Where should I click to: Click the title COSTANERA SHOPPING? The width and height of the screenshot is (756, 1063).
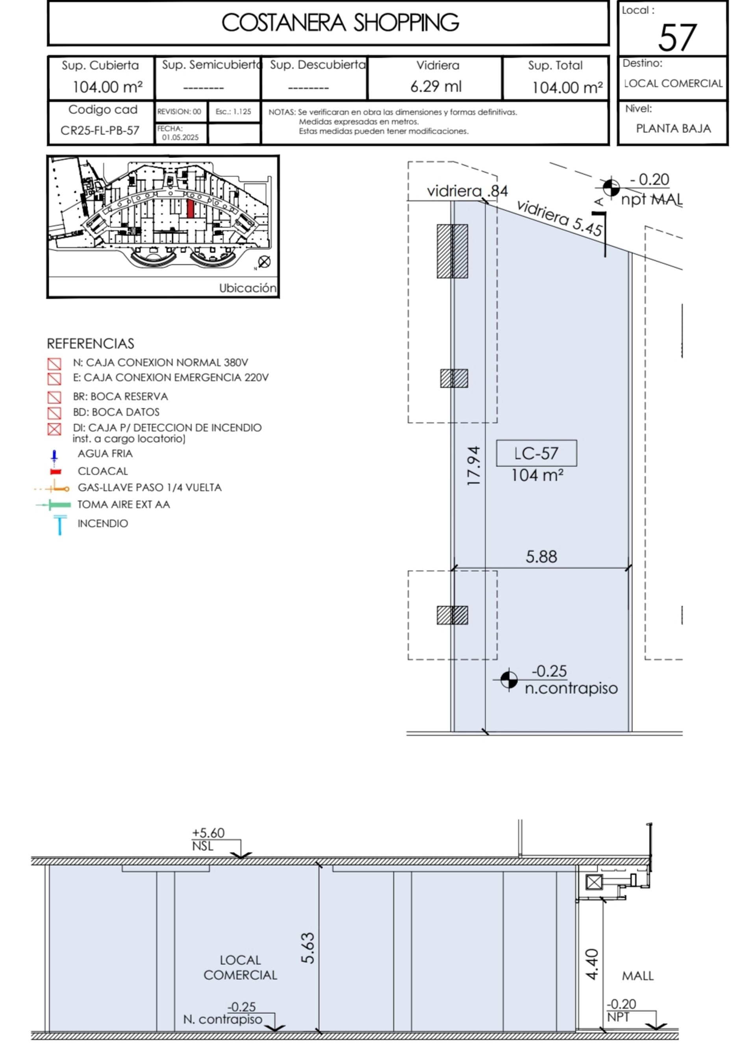(x=340, y=23)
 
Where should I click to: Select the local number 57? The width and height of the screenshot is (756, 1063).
(x=677, y=38)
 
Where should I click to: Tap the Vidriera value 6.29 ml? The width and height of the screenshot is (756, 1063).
(x=436, y=87)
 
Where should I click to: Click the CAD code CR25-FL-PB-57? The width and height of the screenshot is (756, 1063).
(x=100, y=130)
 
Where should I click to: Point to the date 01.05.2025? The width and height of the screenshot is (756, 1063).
(x=180, y=137)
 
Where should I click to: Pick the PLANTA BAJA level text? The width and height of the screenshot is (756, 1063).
(x=673, y=128)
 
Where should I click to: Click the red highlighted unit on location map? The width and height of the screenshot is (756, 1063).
(x=191, y=209)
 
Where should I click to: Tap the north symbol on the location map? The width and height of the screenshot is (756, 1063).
(x=264, y=262)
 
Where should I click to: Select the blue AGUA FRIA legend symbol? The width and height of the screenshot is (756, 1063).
(x=54, y=458)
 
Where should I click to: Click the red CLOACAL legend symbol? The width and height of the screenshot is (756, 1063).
(x=56, y=472)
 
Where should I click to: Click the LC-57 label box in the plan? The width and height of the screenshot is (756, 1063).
(x=536, y=453)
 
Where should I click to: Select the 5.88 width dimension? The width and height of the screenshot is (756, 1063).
(x=541, y=557)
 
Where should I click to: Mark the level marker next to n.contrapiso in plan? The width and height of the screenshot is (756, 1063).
(x=509, y=680)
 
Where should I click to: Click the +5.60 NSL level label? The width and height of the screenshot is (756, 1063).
(x=208, y=839)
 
